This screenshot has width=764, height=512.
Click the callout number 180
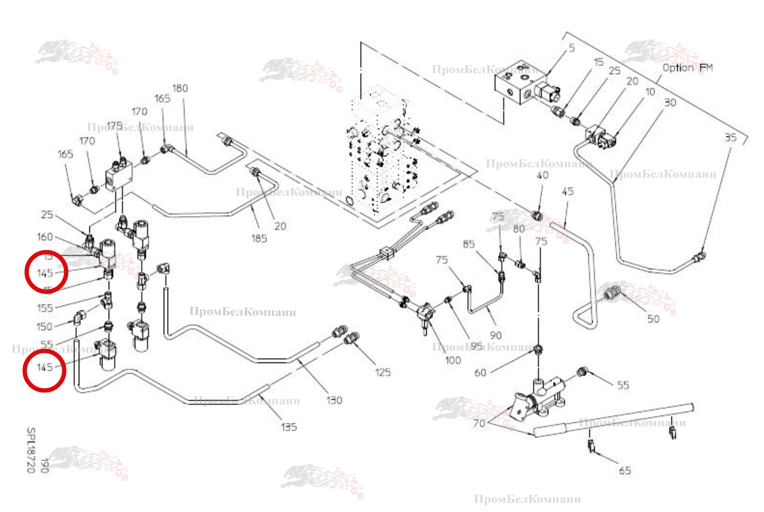click(180, 88)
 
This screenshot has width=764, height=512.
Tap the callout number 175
click(114, 126)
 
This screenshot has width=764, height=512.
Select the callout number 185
click(259, 239)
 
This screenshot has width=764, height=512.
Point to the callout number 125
click(383, 372)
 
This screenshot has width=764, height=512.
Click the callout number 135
click(289, 427)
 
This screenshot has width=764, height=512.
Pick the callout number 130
click(334, 400)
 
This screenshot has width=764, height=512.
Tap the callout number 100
click(453, 360)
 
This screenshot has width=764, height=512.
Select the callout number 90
click(496, 335)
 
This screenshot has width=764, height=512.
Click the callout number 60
click(480, 373)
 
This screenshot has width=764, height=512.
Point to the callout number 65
click(625, 471)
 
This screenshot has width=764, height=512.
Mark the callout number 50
click(653, 319)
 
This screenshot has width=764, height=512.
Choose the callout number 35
click(731, 137)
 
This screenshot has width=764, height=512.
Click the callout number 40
click(543, 175)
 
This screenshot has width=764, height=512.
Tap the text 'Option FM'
click(687, 68)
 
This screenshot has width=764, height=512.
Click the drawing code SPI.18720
click(31, 450)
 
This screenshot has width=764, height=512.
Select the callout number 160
click(45, 237)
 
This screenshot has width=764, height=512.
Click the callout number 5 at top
click(572, 48)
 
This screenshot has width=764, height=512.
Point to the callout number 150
click(44, 327)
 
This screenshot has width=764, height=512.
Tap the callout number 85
click(469, 244)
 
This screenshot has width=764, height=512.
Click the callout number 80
click(519, 229)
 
